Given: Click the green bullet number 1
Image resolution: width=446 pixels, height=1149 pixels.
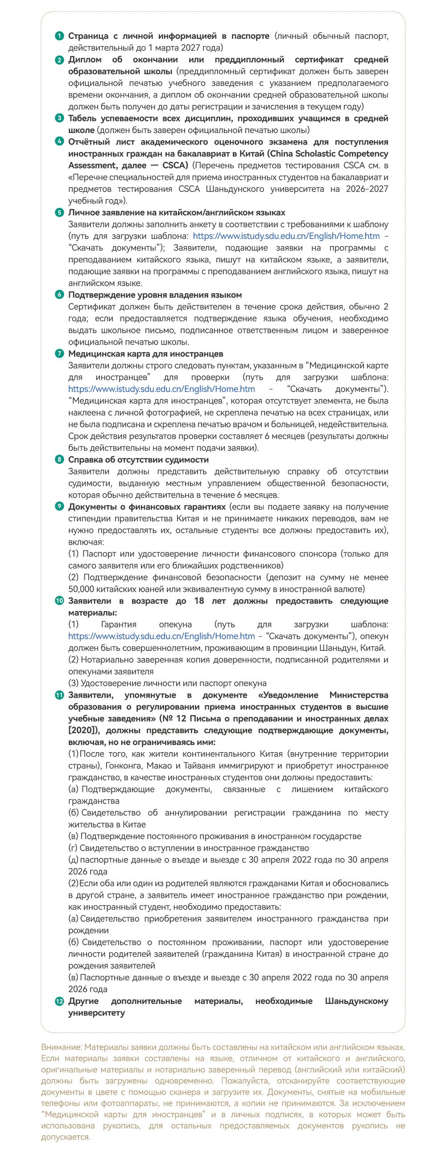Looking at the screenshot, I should point(59,36).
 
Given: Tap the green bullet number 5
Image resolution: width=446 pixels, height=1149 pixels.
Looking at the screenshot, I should point(59,213).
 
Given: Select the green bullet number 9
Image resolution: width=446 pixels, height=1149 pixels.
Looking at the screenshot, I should point(59,507).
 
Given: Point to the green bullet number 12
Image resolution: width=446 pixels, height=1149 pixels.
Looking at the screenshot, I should point(59,1001).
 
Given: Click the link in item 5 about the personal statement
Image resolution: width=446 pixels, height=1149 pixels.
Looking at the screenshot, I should point(286,236).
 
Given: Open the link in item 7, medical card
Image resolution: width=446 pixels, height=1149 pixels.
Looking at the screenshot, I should point(161,389).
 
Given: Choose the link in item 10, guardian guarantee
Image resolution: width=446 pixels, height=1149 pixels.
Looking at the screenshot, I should point(161,636).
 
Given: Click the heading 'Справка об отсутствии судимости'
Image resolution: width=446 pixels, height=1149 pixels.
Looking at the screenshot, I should point(138,460).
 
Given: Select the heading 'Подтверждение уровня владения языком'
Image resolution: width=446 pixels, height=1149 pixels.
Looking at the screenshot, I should point(155,295).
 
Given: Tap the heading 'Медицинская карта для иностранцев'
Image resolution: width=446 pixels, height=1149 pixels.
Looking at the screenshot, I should point(145,354).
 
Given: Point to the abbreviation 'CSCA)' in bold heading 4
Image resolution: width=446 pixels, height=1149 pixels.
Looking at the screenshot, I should point(176,166).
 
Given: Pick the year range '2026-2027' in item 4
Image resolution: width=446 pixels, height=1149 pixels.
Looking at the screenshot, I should point(367,189).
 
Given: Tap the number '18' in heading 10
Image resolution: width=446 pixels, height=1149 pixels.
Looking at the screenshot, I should point(199,601).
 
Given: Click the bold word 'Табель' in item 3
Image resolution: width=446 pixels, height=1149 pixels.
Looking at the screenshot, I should point(83,118).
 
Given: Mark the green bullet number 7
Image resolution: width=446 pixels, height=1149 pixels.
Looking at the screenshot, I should point(59,354).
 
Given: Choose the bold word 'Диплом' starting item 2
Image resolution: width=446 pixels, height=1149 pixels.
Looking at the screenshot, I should point(85,60).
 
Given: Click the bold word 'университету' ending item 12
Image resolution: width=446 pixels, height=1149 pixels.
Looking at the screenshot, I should point(96,1013).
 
